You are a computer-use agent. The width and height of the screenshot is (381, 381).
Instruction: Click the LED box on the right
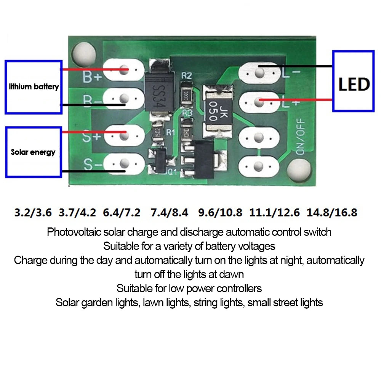point(353,81)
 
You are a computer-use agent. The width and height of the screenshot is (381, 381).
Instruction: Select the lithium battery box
point(34,87)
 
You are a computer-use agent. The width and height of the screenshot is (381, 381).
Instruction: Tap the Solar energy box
point(34,152)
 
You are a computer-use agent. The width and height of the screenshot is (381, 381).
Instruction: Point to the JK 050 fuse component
point(214,111)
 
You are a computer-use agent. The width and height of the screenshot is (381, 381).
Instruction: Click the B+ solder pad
point(123,70)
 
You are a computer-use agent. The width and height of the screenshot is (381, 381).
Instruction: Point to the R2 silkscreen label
point(186,76)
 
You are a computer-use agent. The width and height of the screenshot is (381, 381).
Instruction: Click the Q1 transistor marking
point(172,171)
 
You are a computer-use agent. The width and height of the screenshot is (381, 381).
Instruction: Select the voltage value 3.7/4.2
point(78,212)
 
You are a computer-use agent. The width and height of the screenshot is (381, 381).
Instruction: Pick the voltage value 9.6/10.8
point(220,212)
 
